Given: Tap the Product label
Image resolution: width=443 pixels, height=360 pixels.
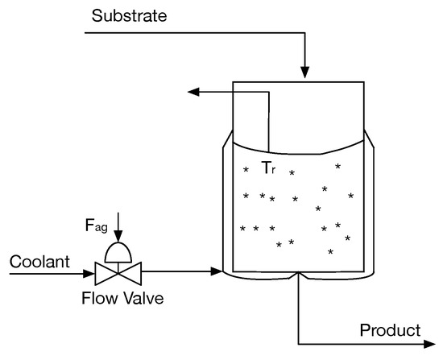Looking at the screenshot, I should point(390,329).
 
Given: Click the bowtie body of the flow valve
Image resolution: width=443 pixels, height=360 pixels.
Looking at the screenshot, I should point(118,272).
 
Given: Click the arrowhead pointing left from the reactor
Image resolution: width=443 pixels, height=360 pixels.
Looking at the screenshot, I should point(194,92).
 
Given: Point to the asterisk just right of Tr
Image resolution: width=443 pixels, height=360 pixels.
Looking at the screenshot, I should point(292,172).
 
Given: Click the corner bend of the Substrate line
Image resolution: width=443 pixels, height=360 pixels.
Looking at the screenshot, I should point(304,33).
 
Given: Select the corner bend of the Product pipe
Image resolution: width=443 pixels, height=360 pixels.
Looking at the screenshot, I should point(300,344).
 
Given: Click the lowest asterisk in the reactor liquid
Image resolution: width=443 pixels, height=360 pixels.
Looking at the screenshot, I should point(330,252).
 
